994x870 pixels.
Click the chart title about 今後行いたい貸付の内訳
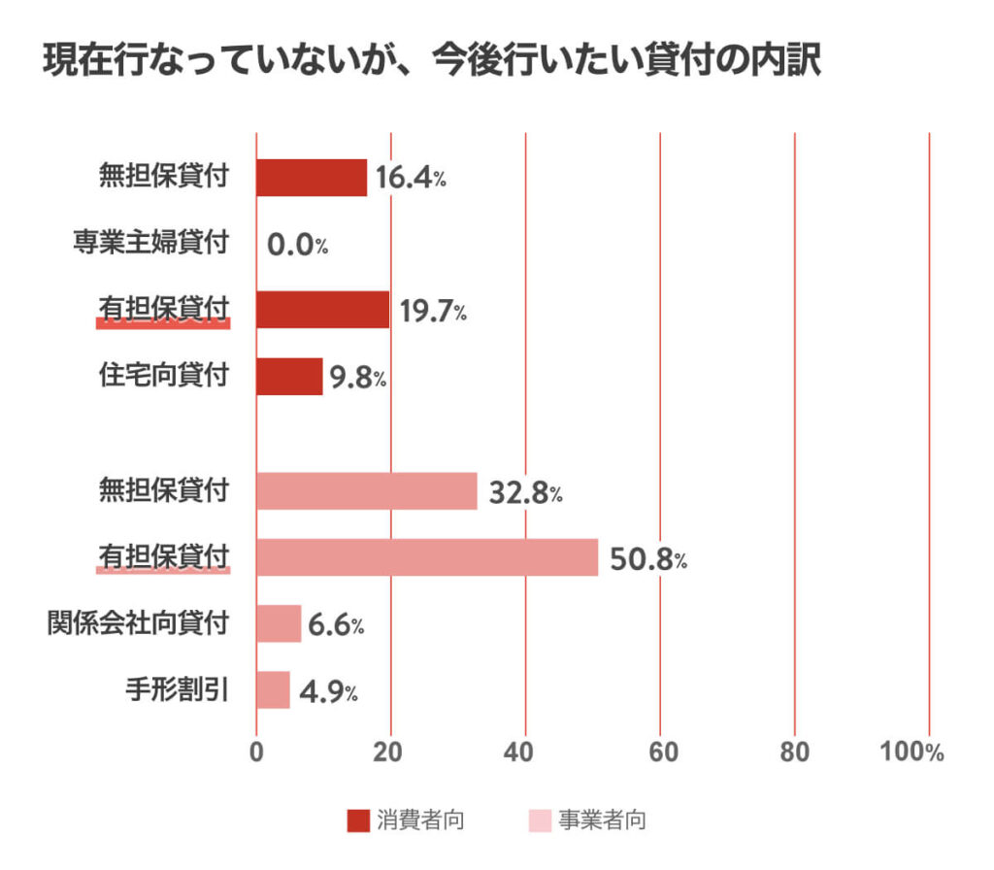click(x=432, y=60)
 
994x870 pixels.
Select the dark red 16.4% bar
click(x=312, y=178)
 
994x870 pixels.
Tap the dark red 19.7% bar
click(x=322, y=309)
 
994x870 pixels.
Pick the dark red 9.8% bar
click(x=289, y=376)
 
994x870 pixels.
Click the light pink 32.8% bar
click(x=367, y=491)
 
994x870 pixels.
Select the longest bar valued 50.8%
click(x=427, y=558)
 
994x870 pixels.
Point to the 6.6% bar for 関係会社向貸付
click(x=279, y=623)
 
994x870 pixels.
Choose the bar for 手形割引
click(x=273, y=689)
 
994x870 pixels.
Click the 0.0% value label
click(x=297, y=246)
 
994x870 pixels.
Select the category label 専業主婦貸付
click(x=151, y=242)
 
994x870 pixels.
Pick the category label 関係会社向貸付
click(x=139, y=622)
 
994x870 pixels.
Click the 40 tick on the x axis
click(x=525, y=753)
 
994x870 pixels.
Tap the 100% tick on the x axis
click(x=911, y=753)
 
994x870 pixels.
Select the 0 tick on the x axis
click(x=256, y=753)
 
